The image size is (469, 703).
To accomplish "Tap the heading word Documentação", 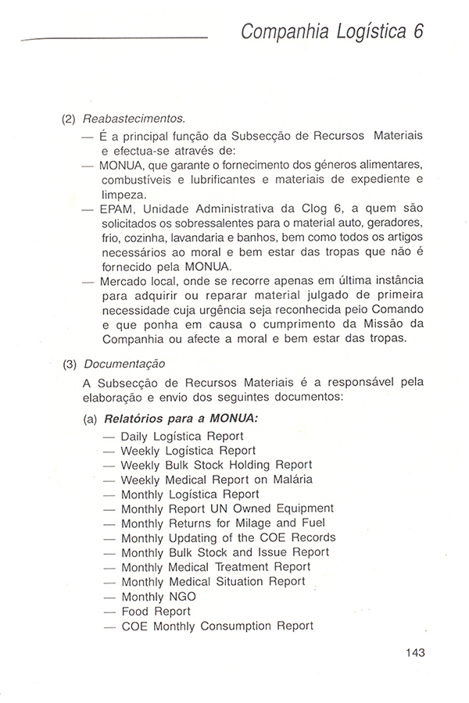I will [124, 363].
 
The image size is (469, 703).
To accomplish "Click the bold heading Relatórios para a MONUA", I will [181, 418].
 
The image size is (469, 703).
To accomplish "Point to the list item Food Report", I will [156, 611].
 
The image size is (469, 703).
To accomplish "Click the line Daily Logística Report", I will [182, 436].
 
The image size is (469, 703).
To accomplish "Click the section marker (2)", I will [70, 120].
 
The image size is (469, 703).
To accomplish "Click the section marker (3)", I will [70, 363].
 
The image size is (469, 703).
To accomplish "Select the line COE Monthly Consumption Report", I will [217, 626].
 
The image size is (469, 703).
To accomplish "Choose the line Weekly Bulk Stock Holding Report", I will [217, 465].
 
